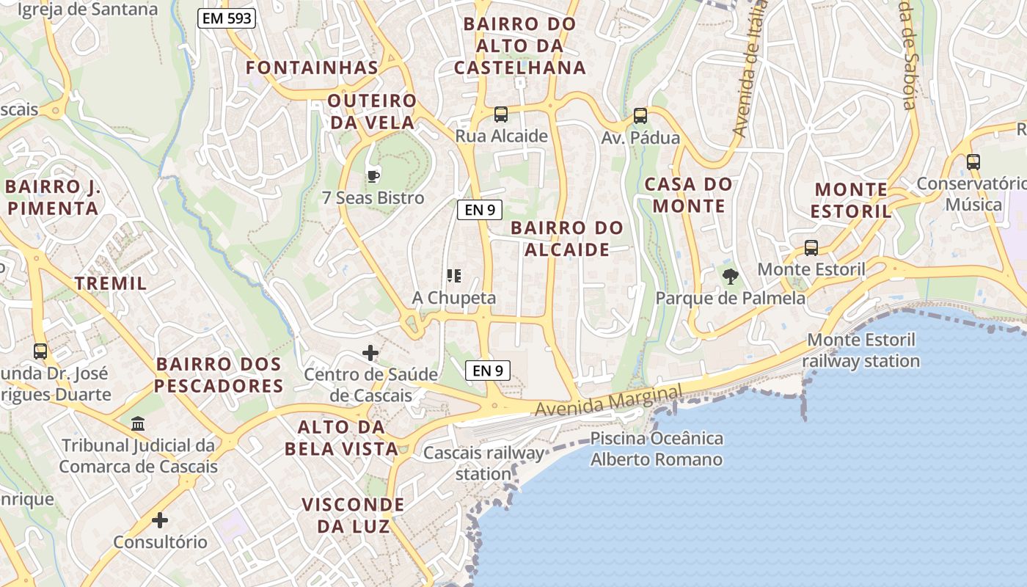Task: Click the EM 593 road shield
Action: (227, 19)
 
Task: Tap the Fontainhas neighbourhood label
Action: (312, 68)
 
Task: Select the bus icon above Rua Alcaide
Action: (501, 114)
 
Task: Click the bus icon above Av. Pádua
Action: (640, 116)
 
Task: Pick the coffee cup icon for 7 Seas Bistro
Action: (373, 176)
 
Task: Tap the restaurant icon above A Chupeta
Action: (454, 276)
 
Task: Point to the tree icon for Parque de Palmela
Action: (730, 277)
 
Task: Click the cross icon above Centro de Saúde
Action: (370, 354)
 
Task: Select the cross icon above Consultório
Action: (160, 521)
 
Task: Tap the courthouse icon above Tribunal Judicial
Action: (138, 423)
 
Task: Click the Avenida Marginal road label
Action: (609, 401)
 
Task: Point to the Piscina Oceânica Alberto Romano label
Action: (657, 449)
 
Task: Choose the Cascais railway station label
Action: (484, 463)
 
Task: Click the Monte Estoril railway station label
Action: (860, 351)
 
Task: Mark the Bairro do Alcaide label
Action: (567, 238)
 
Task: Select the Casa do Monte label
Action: (689, 194)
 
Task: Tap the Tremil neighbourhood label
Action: (111, 283)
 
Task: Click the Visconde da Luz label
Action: (354, 515)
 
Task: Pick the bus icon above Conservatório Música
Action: (973, 162)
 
